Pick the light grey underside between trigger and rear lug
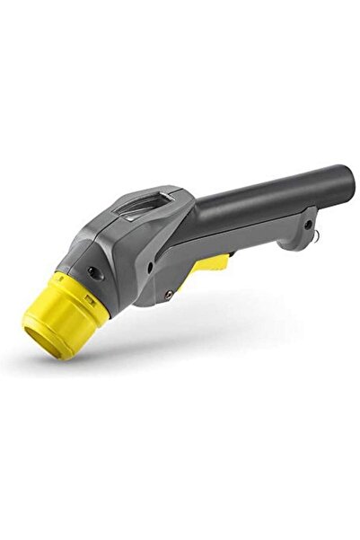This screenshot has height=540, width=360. (x=260, y=243)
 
